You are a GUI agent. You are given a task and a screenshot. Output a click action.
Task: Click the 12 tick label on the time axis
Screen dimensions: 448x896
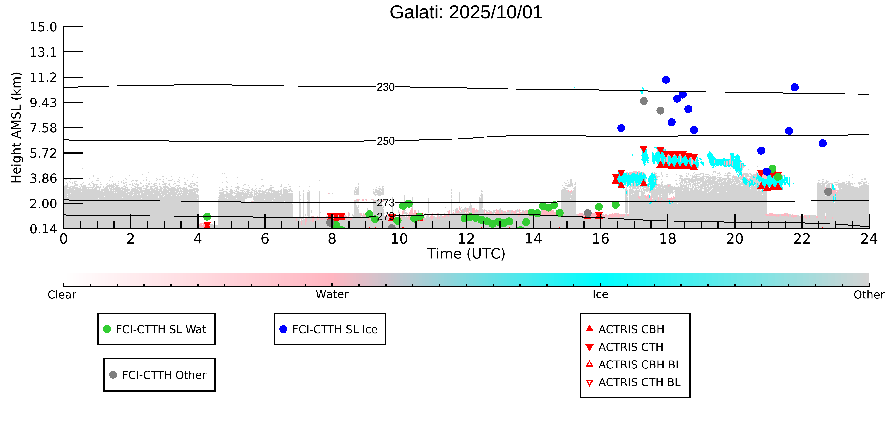point(466,239)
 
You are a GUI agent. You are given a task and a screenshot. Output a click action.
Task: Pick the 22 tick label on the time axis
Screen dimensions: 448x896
point(802,239)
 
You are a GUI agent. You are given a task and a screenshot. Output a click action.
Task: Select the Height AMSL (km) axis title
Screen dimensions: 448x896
point(16,128)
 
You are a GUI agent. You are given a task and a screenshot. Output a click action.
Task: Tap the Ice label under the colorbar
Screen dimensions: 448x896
point(600,295)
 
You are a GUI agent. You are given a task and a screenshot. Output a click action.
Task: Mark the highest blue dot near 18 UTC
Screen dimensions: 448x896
point(666,80)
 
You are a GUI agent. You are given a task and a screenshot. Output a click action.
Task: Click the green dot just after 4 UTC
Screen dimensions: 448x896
point(207,217)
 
